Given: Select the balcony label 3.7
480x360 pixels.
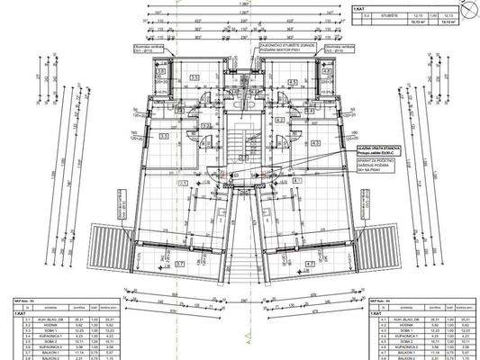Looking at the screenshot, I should (x=180, y=264).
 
